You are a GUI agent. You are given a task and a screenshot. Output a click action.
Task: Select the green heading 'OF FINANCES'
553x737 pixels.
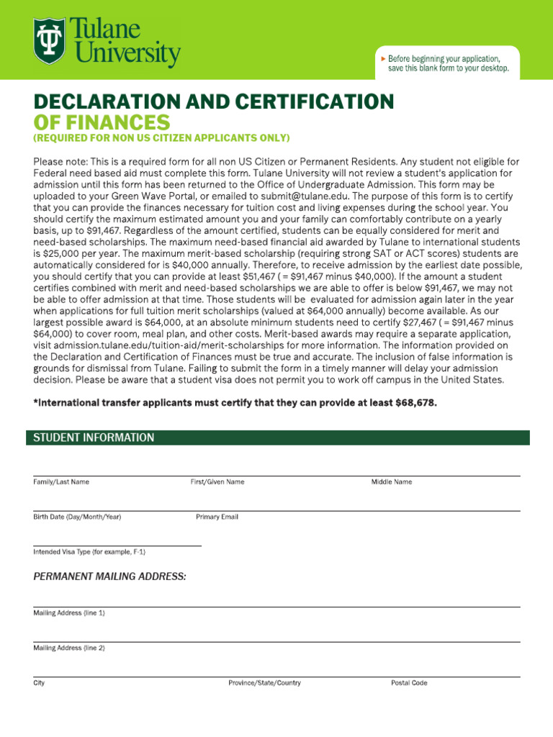click(x=102, y=122)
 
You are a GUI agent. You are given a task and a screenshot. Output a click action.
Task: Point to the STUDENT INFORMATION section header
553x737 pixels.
click(x=94, y=438)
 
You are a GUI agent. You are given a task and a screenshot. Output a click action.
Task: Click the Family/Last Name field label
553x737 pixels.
click(x=61, y=482)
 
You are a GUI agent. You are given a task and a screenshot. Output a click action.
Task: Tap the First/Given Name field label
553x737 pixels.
click(x=217, y=482)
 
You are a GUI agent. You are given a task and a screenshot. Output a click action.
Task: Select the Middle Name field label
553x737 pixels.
click(x=392, y=482)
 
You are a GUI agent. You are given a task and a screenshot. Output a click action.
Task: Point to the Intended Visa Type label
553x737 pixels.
click(x=89, y=552)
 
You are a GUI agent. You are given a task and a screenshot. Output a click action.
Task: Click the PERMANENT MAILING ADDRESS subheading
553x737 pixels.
click(x=109, y=577)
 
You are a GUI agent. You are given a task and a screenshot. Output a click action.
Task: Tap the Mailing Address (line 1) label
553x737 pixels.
click(x=69, y=613)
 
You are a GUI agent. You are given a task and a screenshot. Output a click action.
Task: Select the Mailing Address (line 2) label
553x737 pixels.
click(x=69, y=648)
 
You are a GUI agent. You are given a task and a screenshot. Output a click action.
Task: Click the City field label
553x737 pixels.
click(x=39, y=683)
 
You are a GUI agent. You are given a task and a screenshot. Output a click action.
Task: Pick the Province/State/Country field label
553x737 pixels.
click(x=264, y=683)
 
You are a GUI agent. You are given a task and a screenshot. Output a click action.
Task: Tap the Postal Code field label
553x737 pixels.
click(x=409, y=683)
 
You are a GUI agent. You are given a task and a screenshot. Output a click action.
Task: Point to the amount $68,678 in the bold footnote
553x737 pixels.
click(x=415, y=403)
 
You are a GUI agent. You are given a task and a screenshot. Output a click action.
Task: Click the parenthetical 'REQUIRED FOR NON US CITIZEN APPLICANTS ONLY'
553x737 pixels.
click(x=161, y=138)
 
